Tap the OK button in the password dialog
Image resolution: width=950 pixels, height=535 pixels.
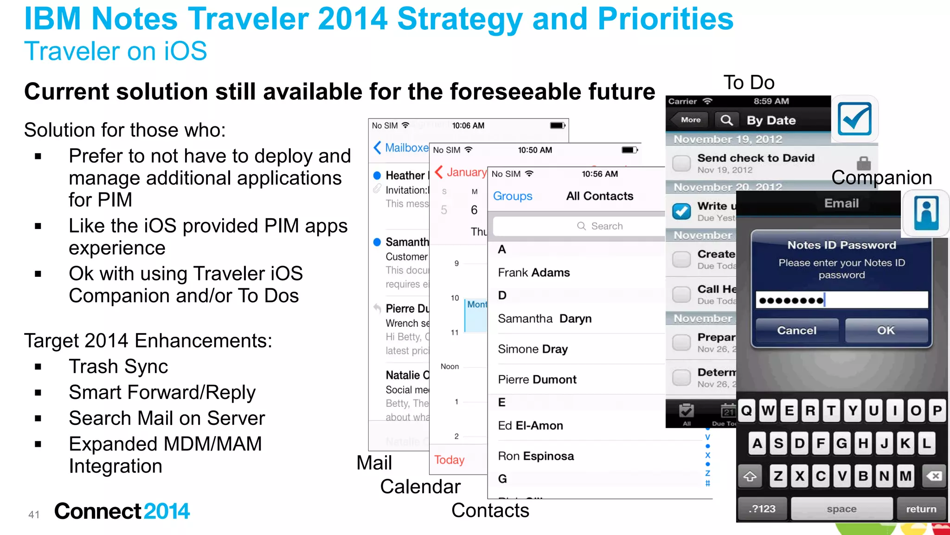point(886,330)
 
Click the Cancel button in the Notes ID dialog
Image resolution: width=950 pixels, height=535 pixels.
point(796,330)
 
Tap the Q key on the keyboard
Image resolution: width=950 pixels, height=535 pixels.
point(746,411)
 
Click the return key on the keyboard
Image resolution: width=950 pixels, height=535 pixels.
point(921,509)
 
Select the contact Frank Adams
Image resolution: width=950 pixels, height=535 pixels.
point(533,273)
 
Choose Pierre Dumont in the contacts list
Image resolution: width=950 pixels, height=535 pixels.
point(537,379)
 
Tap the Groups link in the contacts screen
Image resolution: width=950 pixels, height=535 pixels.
point(512,196)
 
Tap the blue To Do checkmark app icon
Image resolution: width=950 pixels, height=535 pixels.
point(854,119)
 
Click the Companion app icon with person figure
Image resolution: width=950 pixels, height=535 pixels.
point(926,213)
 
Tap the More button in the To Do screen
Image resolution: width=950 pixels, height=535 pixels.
point(690,120)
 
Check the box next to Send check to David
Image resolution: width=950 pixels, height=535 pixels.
point(681,163)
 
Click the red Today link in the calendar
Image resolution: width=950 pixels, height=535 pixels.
point(449,460)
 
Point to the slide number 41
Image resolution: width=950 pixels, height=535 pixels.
point(34,515)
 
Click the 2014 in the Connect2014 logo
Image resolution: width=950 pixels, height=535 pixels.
point(167,511)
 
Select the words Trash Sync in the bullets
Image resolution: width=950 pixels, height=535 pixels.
point(118,366)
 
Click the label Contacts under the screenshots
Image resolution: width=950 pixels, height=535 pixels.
point(490,510)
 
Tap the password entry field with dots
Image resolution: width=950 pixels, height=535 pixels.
point(841,300)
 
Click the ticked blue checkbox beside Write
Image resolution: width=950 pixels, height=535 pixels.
point(681,211)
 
